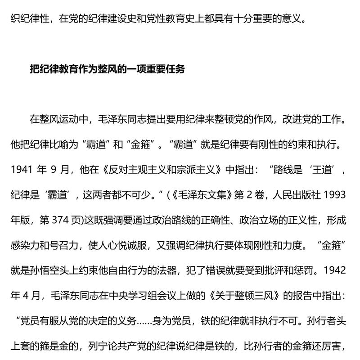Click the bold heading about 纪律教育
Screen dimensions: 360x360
pos(107,70)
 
